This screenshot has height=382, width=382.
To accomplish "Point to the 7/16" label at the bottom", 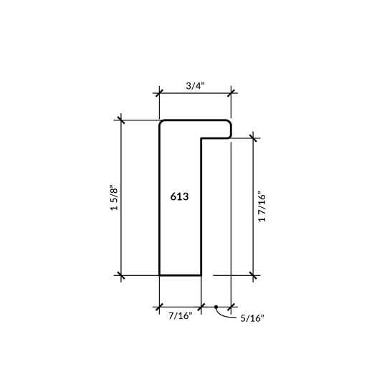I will click(181, 315).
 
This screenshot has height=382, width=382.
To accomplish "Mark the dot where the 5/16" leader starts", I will click(216, 307).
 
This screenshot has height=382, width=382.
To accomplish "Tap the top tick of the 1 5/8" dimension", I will click(121, 120).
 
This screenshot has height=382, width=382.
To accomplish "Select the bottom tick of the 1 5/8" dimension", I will click(121, 274).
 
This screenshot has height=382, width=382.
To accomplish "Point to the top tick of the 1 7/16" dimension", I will click(254, 138).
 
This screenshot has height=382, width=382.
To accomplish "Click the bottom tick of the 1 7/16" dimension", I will click(254, 274).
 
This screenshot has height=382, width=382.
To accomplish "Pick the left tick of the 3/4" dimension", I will click(159, 91).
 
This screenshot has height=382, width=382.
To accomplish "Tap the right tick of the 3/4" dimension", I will click(231, 91).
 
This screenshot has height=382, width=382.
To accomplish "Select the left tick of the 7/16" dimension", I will click(159, 307).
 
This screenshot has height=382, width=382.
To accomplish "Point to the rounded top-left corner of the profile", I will click(161, 123).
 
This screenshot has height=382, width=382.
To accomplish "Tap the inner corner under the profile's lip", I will click(202, 138).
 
